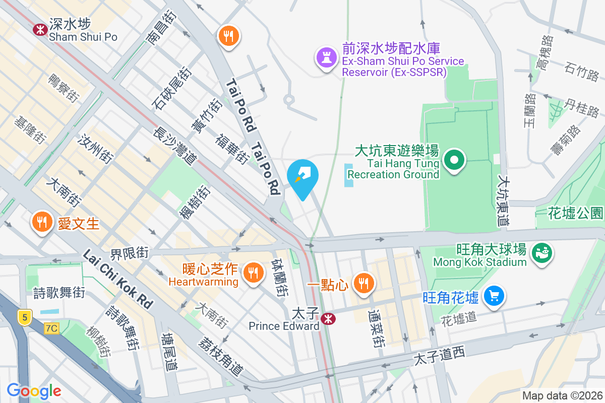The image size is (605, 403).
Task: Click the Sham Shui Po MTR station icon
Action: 40,30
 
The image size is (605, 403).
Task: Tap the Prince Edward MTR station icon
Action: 328,318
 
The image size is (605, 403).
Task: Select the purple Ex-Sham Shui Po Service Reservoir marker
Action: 325,58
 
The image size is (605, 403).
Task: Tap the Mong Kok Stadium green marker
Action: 542,251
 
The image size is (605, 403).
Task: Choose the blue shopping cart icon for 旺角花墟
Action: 494,296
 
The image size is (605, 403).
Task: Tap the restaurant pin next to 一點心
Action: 363,283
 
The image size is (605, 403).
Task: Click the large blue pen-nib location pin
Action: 302,177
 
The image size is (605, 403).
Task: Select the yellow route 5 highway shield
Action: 24,317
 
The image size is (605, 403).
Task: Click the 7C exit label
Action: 51,328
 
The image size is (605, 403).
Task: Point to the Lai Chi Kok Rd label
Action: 117,279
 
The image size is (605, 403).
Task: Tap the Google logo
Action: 34,391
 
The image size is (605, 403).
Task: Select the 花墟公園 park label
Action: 575,213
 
